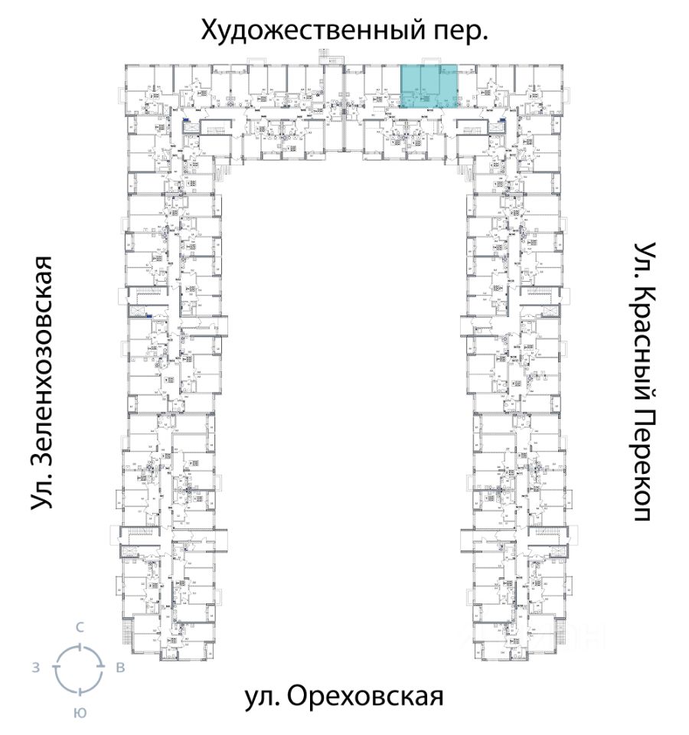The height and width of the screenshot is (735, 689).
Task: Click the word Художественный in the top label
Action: pyautogui.click(x=305, y=31)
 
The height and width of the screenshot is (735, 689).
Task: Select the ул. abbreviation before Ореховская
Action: pyautogui.click(x=262, y=697)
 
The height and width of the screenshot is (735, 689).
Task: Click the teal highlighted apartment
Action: pyautogui.click(x=429, y=88)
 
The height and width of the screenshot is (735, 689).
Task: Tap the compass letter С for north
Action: pyautogui.click(x=79, y=627)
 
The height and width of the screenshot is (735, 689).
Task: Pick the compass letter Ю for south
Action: pyautogui.click(x=79, y=713)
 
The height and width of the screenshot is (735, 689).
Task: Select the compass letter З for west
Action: pyautogui.click(x=35, y=668)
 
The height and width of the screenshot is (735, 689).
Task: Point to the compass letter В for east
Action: pyautogui.click(x=120, y=668)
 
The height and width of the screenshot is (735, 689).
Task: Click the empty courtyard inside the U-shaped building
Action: pyautogui.click(x=344, y=383)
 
